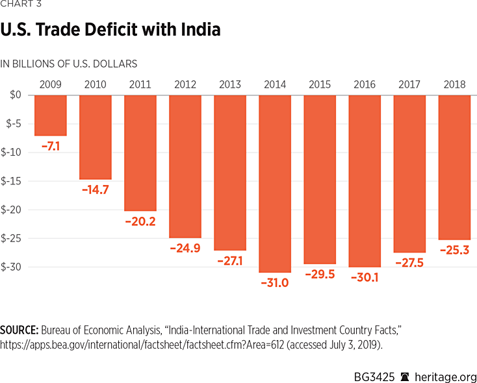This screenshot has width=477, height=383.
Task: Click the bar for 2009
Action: point(51,115)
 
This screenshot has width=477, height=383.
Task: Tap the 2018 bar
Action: point(454,167)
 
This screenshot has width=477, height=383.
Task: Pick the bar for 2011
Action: point(140,153)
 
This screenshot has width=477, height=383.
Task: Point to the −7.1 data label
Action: point(51,146)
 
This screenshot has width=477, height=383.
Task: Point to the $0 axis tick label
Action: point(15,95)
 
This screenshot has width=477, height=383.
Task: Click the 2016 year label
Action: point(365,84)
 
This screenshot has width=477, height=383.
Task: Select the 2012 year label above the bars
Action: point(185,84)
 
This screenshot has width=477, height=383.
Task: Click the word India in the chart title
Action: point(198,30)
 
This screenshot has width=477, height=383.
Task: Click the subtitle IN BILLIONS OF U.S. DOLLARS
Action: point(69,64)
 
